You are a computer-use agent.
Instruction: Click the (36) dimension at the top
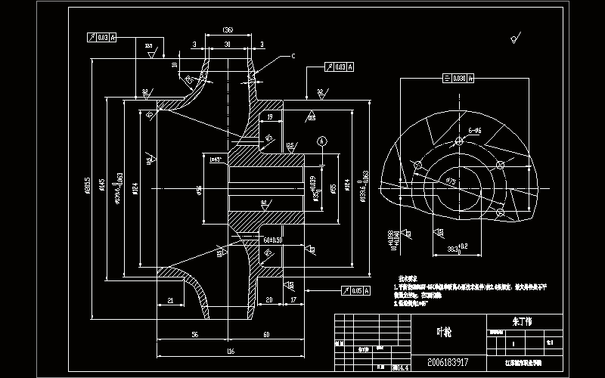(227, 30)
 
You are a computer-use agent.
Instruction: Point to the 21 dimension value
(170, 301)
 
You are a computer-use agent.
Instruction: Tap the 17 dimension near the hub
(293, 301)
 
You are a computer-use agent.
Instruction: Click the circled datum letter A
(323, 141)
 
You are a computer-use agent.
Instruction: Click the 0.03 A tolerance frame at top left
(102, 37)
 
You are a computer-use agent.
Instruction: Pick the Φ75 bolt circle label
(449, 181)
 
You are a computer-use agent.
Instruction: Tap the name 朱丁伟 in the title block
(523, 321)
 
